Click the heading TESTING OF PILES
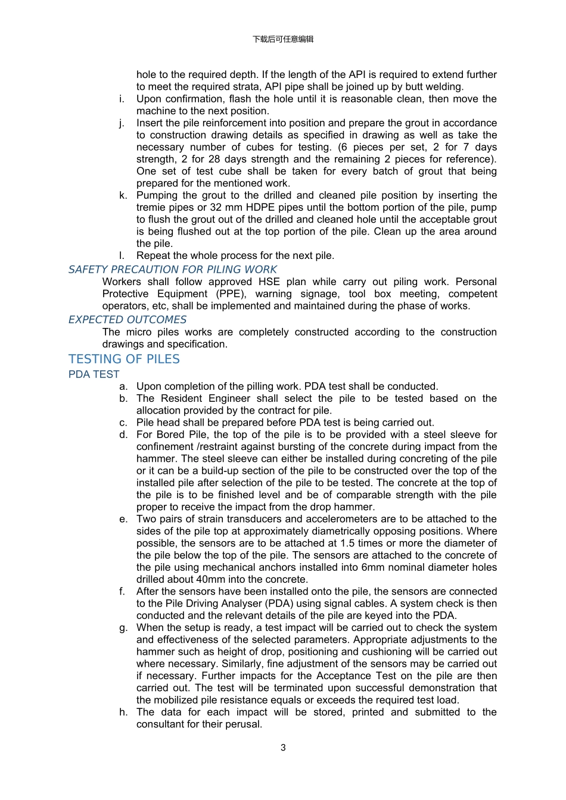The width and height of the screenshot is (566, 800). [124, 360]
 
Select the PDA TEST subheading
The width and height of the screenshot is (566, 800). [94, 374]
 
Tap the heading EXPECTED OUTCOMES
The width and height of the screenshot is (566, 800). [127, 320]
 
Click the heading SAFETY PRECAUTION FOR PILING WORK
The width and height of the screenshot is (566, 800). [172, 270]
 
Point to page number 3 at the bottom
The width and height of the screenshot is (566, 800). [283, 748]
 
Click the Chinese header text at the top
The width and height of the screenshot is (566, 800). [282, 39]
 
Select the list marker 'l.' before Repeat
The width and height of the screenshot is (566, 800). [122, 255]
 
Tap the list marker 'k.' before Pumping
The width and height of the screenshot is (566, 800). [123, 195]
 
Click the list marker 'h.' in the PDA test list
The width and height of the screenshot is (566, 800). [123, 712]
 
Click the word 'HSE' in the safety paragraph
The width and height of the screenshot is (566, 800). [270, 282]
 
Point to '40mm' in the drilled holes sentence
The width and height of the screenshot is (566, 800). [209, 579]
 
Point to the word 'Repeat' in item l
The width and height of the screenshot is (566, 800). [153, 255]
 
